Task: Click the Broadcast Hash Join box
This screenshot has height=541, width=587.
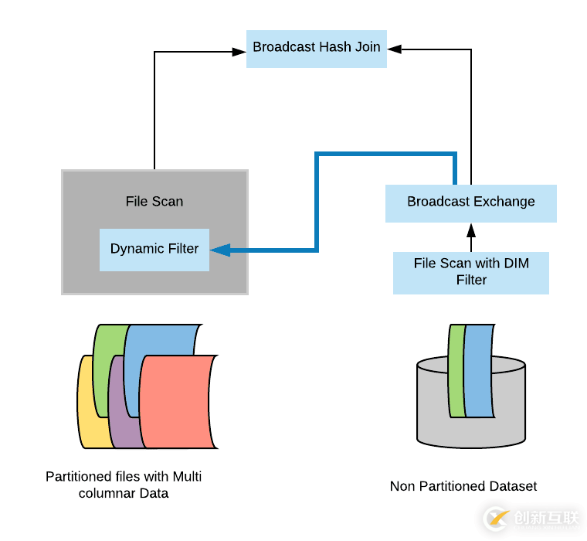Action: [317, 47]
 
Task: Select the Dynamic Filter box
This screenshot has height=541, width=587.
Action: [154, 249]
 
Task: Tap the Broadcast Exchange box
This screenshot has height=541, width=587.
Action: [471, 202]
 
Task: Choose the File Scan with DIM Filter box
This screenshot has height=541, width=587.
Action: [471, 272]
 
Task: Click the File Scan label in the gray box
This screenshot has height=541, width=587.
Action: [154, 202]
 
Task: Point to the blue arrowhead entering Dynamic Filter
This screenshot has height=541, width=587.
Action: [219, 249]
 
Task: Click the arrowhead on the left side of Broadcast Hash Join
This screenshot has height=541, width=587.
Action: [239, 52]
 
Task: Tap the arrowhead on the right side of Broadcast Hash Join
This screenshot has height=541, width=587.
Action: [394, 49]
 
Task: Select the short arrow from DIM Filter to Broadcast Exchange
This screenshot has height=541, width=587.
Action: [471, 236]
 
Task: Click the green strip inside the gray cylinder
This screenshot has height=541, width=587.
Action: [456, 371]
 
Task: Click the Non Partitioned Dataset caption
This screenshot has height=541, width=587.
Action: [463, 486]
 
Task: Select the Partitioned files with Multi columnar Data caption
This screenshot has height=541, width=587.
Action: [124, 485]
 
